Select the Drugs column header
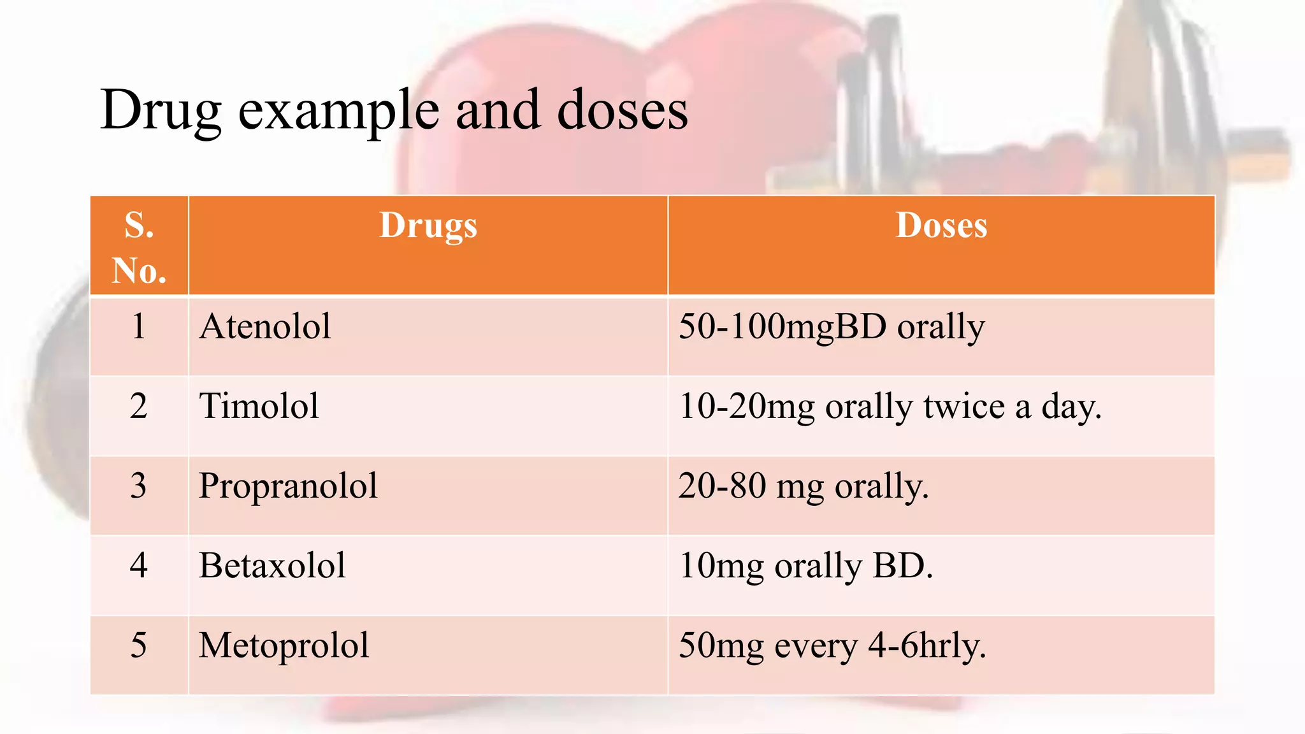428,226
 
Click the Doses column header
941,226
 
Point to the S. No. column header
139,247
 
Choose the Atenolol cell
265,327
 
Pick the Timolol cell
259,407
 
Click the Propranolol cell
288,486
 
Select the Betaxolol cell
272,566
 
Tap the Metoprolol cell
284,645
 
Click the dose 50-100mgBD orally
832,327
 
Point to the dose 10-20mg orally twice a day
890,407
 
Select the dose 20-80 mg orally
803,486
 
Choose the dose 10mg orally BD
805,566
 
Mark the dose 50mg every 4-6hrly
832,645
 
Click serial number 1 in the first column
139,327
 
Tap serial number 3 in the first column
139,486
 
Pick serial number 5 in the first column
139,645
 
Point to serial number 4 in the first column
139,566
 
